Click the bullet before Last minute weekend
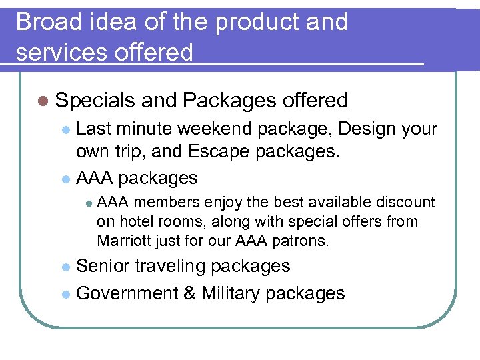(x=65, y=129)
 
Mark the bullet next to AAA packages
(x=65, y=179)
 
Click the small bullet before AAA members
(x=87, y=202)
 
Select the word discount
(x=407, y=202)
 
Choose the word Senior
(x=103, y=266)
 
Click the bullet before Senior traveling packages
(x=65, y=267)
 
